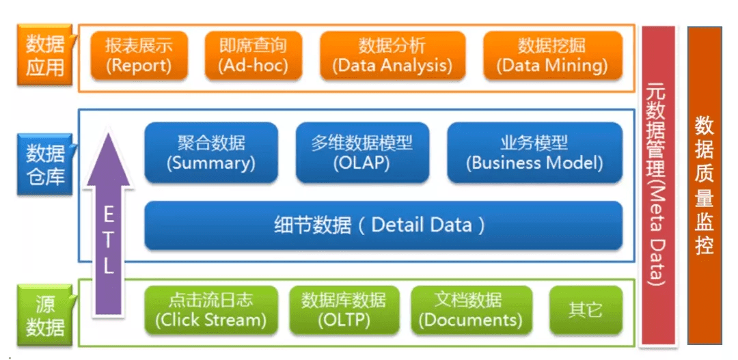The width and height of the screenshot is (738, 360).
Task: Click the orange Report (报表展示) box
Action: (x=139, y=56)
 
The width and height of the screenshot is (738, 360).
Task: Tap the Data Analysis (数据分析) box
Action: (x=392, y=56)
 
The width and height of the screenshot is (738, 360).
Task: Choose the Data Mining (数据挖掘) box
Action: (x=553, y=56)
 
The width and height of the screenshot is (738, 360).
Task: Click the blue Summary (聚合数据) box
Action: (x=211, y=153)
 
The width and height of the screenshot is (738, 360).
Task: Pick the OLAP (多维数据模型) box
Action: (x=362, y=153)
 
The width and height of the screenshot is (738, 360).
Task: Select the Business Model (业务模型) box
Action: (x=534, y=153)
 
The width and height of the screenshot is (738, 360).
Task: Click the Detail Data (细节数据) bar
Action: (x=383, y=225)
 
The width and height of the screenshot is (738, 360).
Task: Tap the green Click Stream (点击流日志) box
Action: (x=210, y=310)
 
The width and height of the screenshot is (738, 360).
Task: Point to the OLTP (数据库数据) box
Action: (x=344, y=310)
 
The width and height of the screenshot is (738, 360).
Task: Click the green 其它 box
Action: (x=586, y=310)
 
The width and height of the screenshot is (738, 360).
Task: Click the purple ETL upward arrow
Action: (x=109, y=239)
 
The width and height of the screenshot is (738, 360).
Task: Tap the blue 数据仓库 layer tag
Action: (x=45, y=165)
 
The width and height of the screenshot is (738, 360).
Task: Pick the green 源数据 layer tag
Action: (x=45, y=314)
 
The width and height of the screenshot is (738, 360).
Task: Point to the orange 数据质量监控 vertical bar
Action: (x=705, y=184)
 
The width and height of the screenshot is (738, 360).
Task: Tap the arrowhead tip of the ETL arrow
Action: (x=109, y=135)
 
